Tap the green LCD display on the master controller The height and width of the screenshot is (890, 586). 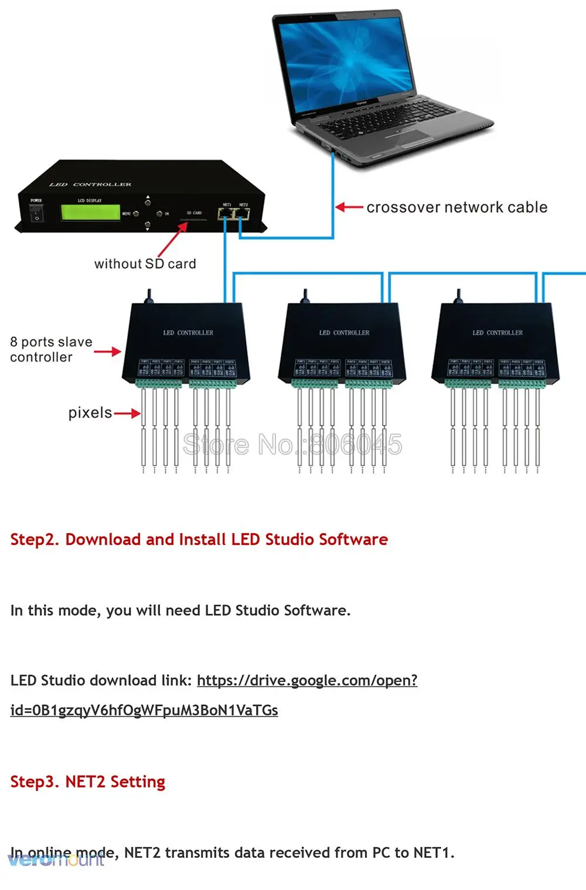pyautogui.click(x=90, y=213)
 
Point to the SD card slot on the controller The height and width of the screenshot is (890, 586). pyautogui.click(x=193, y=221)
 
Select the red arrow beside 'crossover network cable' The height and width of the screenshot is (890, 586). pyautogui.click(x=349, y=207)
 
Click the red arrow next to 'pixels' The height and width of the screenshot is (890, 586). pyautogui.click(x=127, y=414)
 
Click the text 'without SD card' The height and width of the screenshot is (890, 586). pyautogui.click(x=145, y=264)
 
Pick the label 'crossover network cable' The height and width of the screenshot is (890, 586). pyautogui.click(x=457, y=207)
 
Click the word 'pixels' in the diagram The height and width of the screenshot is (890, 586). pyautogui.click(x=90, y=413)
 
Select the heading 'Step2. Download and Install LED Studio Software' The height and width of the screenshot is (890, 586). pyautogui.click(x=199, y=539)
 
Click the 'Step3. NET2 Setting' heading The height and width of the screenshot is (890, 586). pyautogui.click(x=87, y=782)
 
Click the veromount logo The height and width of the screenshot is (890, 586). pyautogui.click(x=56, y=860)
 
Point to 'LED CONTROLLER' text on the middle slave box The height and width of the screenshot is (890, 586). pyautogui.click(x=344, y=333)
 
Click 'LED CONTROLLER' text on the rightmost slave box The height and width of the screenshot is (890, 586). pyautogui.click(x=498, y=333)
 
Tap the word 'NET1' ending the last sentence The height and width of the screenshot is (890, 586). pyautogui.click(x=432, y=853)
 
